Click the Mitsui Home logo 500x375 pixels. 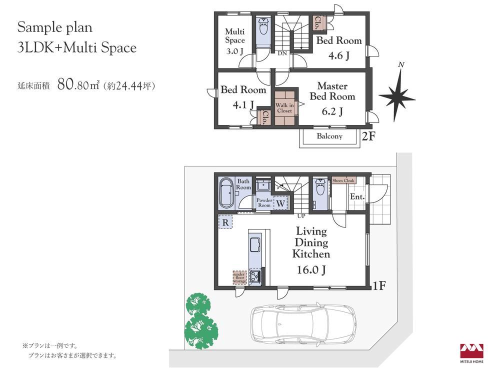coord(471,353)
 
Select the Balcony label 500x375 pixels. coord(329,136)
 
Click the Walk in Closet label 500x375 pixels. coord(284,108)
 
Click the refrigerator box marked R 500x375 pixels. coord(225,222)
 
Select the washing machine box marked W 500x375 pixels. coord(280,203)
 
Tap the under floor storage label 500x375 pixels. coord(240,277)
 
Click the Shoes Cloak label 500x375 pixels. coord(343,180)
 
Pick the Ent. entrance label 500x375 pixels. coord(357,196)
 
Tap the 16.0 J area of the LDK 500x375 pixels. coord(311,270)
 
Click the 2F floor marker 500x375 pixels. coord(368,136)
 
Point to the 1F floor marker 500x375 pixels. coord(379,286)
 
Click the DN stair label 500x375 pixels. coord(282,53)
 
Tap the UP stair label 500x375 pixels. coord(301,216)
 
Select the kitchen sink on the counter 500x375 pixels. coord(255,244)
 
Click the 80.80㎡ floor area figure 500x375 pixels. coord(78,84)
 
